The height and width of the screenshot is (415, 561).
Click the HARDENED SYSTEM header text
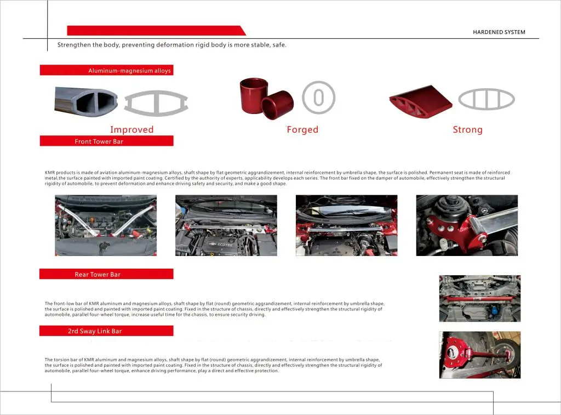click(499, 32)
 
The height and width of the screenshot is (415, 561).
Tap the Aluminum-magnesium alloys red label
click(107, 70)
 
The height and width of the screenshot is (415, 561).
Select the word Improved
click(131, 129)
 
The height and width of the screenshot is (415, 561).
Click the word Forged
click(302, 129)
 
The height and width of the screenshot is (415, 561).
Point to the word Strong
click(468, 129)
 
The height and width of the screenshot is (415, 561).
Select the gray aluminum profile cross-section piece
click(86, 101)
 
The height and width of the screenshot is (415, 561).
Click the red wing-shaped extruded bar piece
click(420, 101)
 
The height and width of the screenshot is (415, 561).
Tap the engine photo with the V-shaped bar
click(106, 225)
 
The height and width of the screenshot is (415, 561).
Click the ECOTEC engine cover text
click(225, 245)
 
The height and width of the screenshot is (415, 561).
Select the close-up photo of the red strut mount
click(467, 225)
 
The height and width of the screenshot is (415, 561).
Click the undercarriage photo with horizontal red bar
click(480, 298)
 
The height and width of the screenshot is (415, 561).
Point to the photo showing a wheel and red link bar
click(480, 355)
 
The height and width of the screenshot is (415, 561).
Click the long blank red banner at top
click(156, 31)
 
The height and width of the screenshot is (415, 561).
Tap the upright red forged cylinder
click(254, 95)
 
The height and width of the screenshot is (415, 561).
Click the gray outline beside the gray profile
click(156, 103)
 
